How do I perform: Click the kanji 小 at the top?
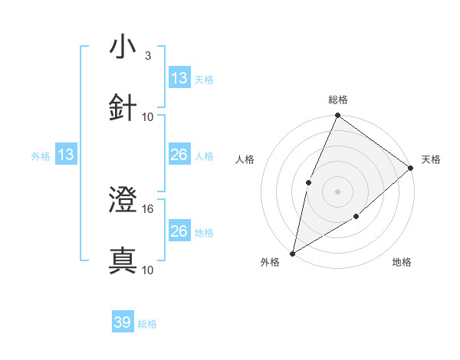coord(123,47)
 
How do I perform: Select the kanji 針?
coord(123,108)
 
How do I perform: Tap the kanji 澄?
coord(123,200)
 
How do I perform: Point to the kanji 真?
coord(123,260)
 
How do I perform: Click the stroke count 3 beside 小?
coord(147,56)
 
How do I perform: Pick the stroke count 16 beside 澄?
coord(148,208)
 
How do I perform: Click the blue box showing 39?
coord(123,322)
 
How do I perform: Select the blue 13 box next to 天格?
coord(179,78)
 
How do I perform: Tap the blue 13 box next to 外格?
coord(66,155)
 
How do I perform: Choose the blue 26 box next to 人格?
coord(179,155)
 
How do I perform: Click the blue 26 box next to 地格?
coord(179,231)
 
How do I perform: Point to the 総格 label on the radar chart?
coord(337,100)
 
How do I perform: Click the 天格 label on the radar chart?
coord(431,159)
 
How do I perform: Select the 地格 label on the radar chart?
coord(402,262)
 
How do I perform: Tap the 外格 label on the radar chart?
coord(270,262)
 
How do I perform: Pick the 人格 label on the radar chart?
coord(245,159)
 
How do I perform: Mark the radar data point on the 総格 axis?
coord(337,116)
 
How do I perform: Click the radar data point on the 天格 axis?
coord(411,168)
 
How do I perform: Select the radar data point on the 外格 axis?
coord(292,253)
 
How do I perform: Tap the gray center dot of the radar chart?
coord(337,191)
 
